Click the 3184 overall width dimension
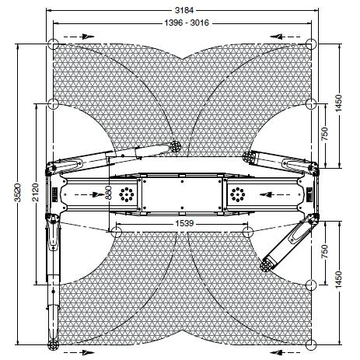point(184,10)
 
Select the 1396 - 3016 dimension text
point(187,23)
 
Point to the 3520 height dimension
point(18,192)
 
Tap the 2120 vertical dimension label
point(36,192)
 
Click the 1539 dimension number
point(184,223)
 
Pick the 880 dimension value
point(109,193)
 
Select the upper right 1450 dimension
point(338,103)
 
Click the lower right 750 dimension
point(324,251)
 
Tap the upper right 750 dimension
point(324,134)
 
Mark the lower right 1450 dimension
point(338,279)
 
